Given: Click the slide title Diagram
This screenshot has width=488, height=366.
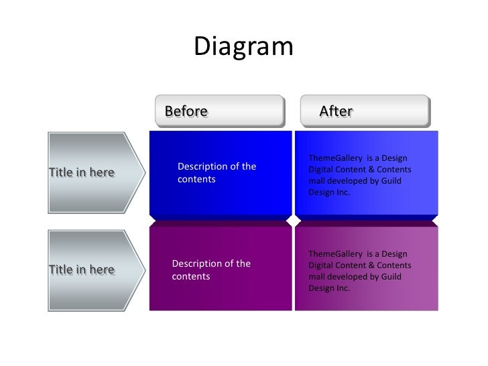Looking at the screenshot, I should click(x=244, y=46).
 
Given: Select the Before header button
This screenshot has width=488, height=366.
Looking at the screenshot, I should click(x=219, y=111).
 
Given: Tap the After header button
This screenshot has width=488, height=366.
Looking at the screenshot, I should click(x=365, y=111).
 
